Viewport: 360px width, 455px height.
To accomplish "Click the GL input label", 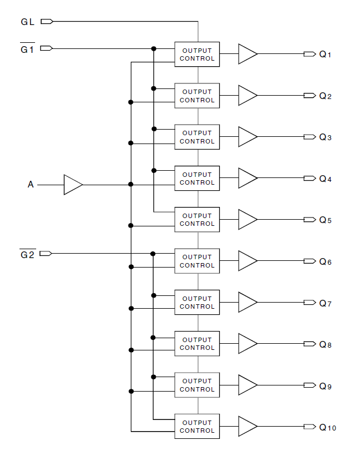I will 28,22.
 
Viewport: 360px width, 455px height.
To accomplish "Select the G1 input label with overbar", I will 28,49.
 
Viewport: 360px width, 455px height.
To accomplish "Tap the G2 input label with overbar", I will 28,254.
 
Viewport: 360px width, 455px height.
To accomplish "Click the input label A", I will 31,185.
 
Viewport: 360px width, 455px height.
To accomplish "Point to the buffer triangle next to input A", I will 72,185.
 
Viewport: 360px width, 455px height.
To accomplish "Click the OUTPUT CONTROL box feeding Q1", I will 197,55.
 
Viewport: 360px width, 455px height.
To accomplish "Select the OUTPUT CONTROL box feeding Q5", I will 197,220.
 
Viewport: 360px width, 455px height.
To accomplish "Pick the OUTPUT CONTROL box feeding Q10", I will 197,427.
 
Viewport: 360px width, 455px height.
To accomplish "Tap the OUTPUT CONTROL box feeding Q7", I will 197,303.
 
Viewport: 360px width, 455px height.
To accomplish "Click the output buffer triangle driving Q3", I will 247,137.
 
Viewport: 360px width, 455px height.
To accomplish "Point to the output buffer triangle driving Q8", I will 247,344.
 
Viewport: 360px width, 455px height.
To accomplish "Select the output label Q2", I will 325,96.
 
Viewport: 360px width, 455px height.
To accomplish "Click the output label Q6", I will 325,261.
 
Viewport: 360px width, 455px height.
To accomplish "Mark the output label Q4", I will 325,179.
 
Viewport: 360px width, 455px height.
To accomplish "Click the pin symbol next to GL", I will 47,22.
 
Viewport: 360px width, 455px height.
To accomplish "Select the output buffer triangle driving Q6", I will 247,261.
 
